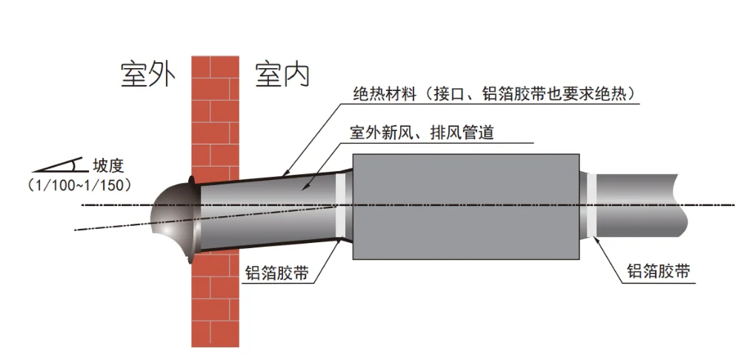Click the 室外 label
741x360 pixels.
[147, 74]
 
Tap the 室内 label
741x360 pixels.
[282, 74]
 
